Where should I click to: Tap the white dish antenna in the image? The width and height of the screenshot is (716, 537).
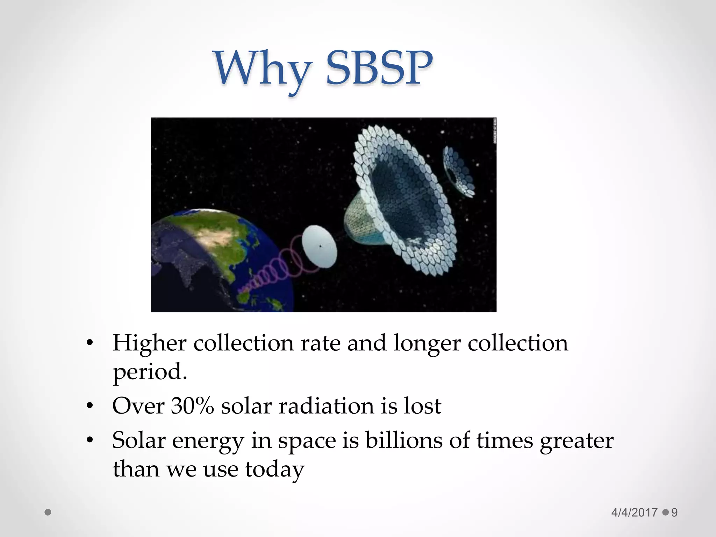pyautogui.click(x=319, y=246)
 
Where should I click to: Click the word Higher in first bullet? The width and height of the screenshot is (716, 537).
pyautogui.click(x=149, y=343)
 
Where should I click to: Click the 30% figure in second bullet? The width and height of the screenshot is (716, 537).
pyautogui.click(x=192, y=406)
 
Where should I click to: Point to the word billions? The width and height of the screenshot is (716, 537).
pyautogui.click(x=404, y=440)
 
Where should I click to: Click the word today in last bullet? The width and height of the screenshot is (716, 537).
pyautogui.click(x=274, y=470)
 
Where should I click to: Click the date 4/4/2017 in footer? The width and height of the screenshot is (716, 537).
pyautogui.click(x=634, y=513)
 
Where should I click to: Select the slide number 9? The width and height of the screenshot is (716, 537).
pyautogui.click(x=674, y=513)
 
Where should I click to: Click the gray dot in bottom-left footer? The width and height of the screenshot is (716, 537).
pyautogui.click(x=48, y=513)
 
